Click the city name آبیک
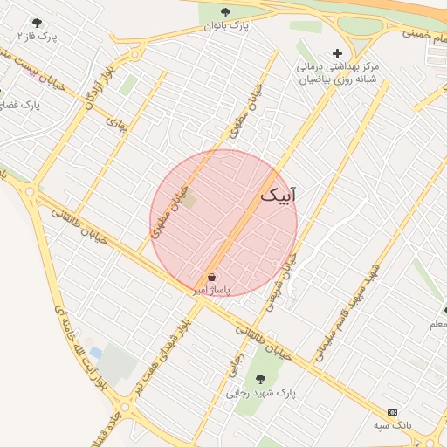(x=279, y=196)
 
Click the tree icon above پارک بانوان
(x=227, y=12)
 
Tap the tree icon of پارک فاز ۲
(x=37, y=23)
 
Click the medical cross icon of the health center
(x=337, y=53)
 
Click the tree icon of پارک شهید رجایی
(x=260, y=379)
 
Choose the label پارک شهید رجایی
(x=261, y=394)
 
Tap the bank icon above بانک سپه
(x=392, y=411)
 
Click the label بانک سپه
(x=392, y=425)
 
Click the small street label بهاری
(x=116, y=124)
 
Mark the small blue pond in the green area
(x=95, y=353)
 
